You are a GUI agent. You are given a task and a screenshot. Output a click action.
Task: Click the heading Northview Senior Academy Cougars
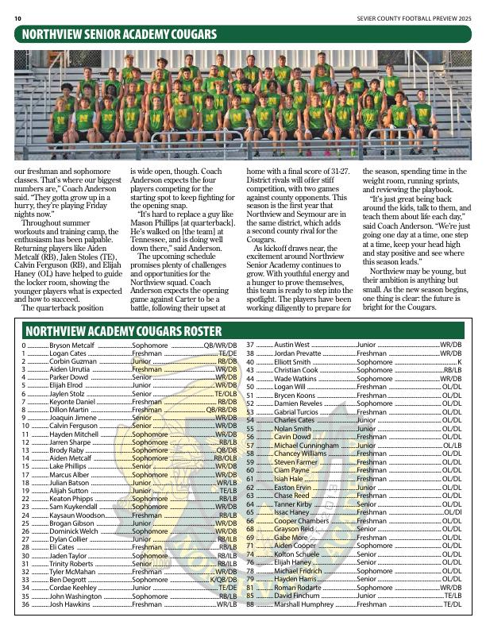point(120,34)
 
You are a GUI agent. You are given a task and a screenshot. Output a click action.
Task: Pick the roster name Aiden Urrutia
point(70,371)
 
